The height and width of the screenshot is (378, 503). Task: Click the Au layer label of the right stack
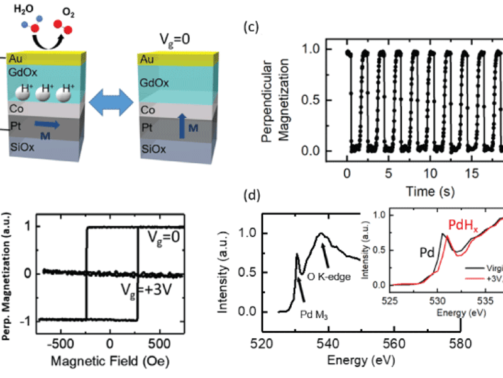[147, 60]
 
